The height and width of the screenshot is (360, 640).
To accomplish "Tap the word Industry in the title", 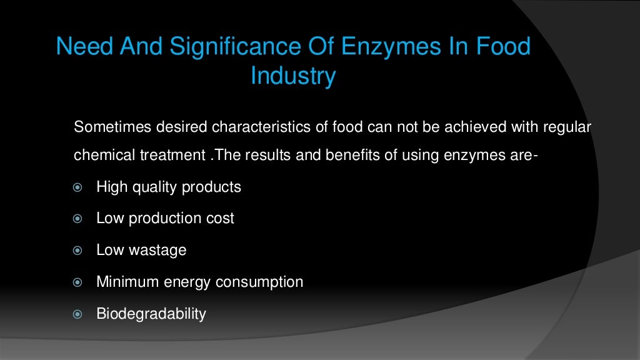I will (x=293, y=76).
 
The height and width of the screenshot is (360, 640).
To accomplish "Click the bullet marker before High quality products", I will (x=78, y=187).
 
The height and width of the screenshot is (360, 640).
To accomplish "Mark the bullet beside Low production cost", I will (x=78, y=219).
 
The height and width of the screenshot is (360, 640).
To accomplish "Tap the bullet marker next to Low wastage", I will (x=78, y=251).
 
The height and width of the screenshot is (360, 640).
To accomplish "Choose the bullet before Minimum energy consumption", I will (x=78, y=282).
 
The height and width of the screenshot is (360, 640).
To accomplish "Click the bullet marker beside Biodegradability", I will (x=78, y=314).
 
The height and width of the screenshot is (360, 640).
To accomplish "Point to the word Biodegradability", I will (x=151, y=314).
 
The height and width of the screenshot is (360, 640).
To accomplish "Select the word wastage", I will (x=157, y=251).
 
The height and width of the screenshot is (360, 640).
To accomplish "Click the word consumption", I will (x=259, y=282).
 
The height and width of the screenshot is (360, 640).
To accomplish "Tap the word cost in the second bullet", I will (x=221, y=219).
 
